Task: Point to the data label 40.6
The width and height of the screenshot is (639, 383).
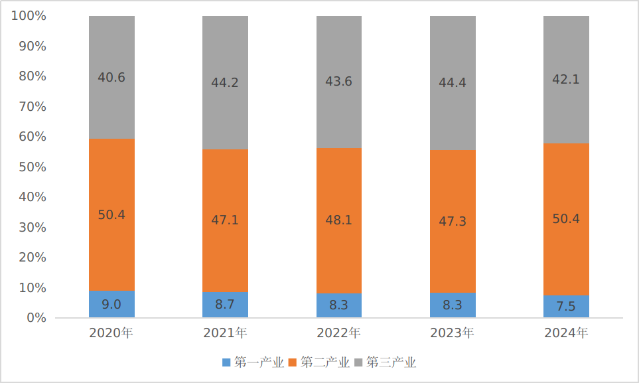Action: pyautogui.click(x=111, y=78)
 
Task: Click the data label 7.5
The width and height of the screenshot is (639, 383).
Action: pyautogui.click(x=566, y=306)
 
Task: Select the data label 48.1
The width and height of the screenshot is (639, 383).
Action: pyautogui.click(x=339, y=220)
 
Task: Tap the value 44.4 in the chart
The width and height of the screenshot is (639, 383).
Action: pyautogui.click(x=453, y=83)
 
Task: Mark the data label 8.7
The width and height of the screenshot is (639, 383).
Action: pyautogui.click(x=226, y=305)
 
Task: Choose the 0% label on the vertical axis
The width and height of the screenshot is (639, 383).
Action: pyautogui.click(x=36, y=318)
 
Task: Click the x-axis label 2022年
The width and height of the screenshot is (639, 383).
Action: pyautogui.click(x=339, y=333)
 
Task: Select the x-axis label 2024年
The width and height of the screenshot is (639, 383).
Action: pyautogui.click(x=566, y=333)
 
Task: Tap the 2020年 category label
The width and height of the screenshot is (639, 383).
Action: pyautogui.click(x=111, y=333)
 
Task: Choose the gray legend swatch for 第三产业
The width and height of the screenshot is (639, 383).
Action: pyautogui.click(x=359, y=362)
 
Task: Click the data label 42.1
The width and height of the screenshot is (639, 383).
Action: pyautogui.click(x=566, y=79)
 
